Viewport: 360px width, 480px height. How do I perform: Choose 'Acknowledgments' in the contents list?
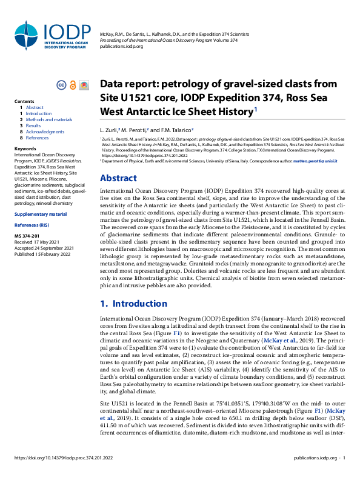(x=45, y=132)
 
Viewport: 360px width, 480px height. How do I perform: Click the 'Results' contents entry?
(x=34, y=126)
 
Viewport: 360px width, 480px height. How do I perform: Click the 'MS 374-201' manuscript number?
(x=27, y=219)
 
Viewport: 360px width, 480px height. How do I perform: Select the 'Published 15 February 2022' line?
(x=43, y=237)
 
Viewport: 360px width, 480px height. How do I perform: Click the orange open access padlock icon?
(x=73, y=85)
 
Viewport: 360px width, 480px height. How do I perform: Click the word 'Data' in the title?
(x=114, y=84)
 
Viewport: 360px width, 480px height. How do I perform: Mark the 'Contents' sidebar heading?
(x=24, y=101)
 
